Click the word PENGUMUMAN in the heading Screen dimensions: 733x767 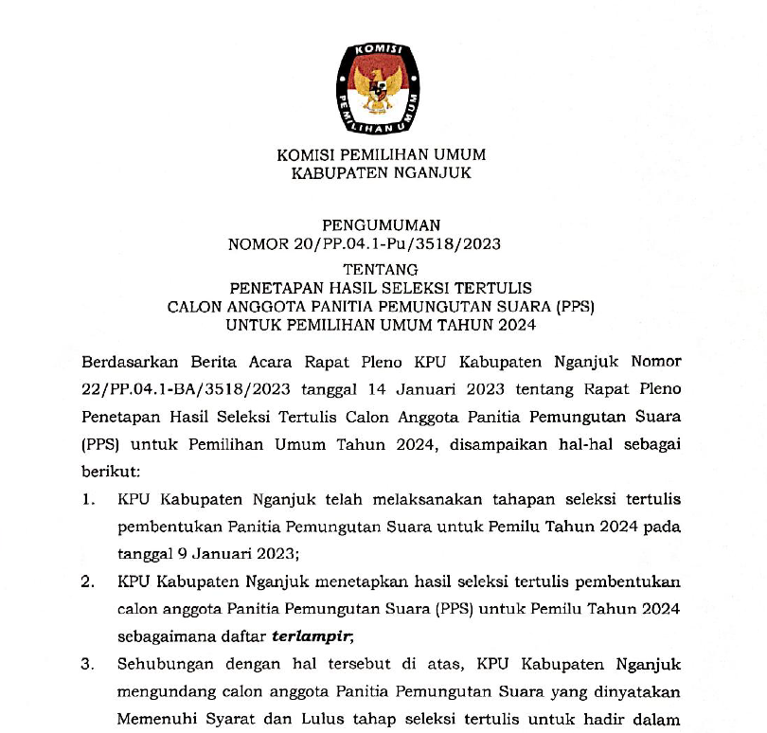[x=382, y=225]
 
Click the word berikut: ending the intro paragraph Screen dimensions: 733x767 [x=111, y=469]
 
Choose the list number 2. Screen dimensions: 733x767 [x=88, y=581]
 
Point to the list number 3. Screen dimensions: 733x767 [x=88, y=665]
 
